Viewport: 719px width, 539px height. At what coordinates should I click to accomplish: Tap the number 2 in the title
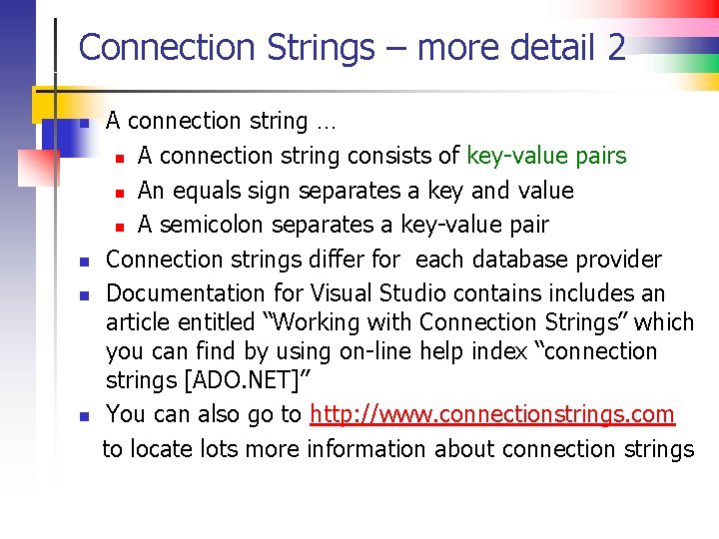click(x=614, y=47)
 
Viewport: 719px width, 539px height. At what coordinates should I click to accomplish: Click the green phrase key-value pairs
click(x=546, y=156)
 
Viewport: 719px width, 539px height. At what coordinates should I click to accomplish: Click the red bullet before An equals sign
click(x=119, y=192)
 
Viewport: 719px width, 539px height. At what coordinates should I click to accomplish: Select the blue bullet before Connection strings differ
click(x=85, y=262)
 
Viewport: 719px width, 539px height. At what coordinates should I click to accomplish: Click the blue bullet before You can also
click(x=85, y=415)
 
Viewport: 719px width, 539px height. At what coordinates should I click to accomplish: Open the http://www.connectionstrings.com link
click(x=492, y=414)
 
